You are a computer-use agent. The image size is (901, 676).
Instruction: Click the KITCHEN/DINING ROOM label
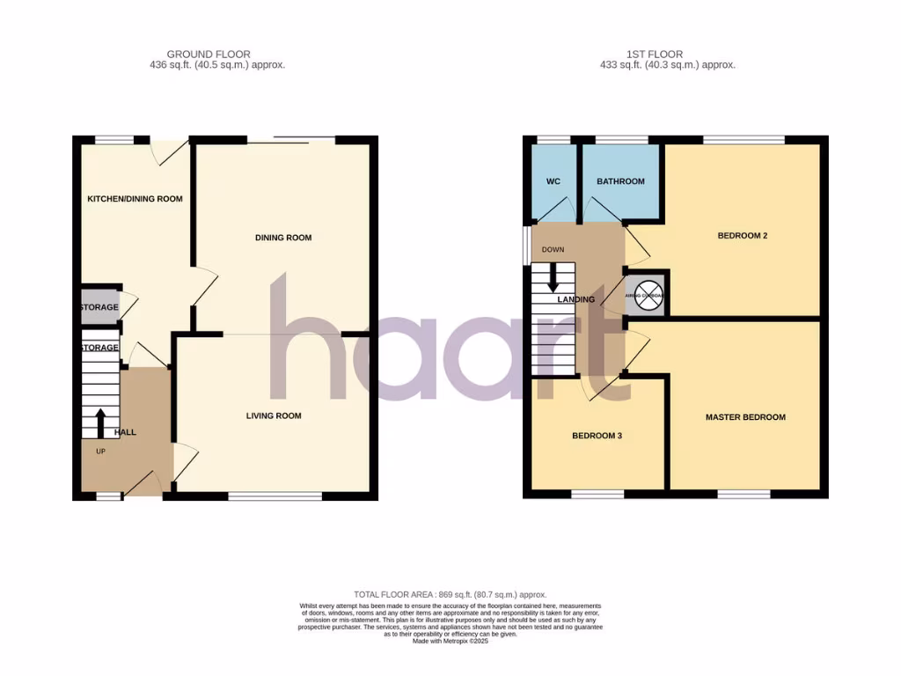(x=135, y=199)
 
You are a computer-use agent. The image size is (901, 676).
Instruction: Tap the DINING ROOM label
(x=283, y=238)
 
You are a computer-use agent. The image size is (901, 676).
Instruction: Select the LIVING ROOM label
(x=274, y=415)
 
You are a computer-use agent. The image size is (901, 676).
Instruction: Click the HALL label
(x=125, y=432)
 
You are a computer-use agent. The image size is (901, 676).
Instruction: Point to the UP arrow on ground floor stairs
(x=100, y=422)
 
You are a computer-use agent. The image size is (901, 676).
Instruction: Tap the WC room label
(x=553, y=181)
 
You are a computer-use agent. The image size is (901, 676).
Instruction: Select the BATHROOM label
(x=620, y=181)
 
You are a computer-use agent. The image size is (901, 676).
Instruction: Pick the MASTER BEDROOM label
(x=745, y=417)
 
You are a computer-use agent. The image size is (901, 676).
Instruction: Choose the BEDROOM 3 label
(x=597, y=436)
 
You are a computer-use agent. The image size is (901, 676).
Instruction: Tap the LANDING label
(x=576, y=299)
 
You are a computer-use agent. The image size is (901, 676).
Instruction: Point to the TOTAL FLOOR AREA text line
(x=450, y=595)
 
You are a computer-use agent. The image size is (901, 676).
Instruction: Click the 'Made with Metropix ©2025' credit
(x=450, y=641)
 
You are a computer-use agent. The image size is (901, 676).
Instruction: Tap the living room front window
(x=275, y=496)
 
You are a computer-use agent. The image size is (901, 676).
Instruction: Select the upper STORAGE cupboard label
(x=99, y=307)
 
